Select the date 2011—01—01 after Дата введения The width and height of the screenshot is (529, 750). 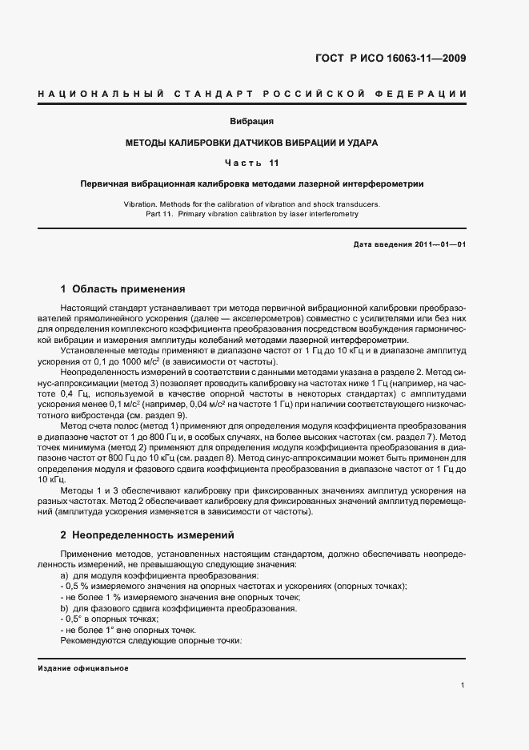pyautogui.click(x=438, y=244)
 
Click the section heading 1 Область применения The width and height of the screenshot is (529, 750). pyautogui.click(x=123, y=288)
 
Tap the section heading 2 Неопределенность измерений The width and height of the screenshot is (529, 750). pyautogui.click(x=148, y=534)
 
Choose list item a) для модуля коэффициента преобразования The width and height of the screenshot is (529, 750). pyautogui.click(x=159, y=575)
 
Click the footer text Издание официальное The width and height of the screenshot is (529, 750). pyautogui.click(x=83, y=668)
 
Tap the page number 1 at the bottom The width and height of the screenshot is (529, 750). pyautogui.click(x=463, y=685)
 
